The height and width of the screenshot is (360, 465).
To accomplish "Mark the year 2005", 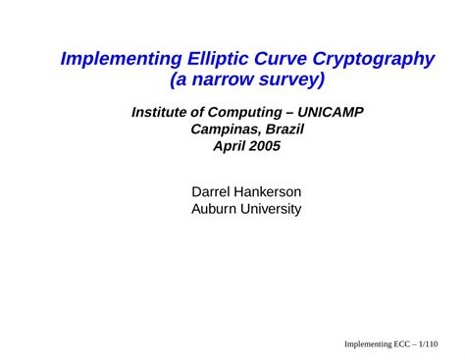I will click(265, 147).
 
